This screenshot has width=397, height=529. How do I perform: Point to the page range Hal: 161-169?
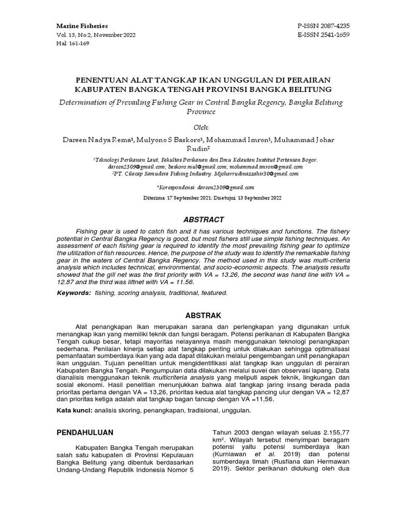click(x=73, y=44)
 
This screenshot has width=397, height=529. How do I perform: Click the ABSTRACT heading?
click(x=198, y=220)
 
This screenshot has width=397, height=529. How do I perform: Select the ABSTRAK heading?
click(x=198, y=315)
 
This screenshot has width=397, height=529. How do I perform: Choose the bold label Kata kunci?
click(x=74, y=410)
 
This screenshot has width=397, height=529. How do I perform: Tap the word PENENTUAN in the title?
click(x=99, y=81)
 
